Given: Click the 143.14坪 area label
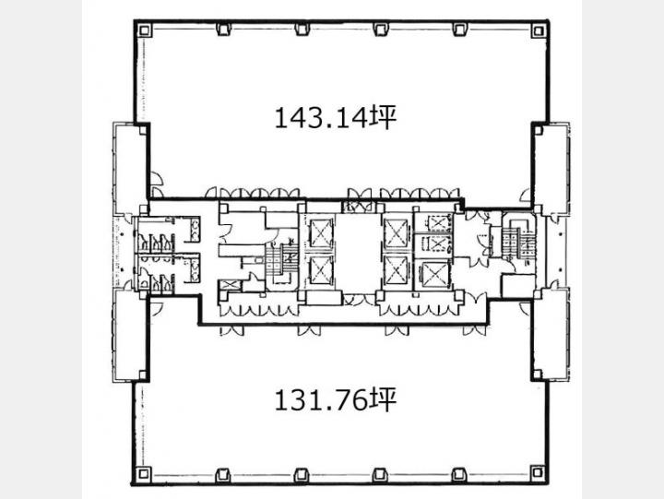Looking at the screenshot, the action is click(x=336, y=118).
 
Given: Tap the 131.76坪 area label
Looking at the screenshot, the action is click(x=336, y=400).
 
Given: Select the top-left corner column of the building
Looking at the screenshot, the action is click(x=144, y=30).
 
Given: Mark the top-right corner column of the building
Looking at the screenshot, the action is click(x=539, y=30).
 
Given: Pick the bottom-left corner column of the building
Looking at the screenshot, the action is click(x=144, y=473).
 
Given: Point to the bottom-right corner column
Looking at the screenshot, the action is click(x=538, y=472).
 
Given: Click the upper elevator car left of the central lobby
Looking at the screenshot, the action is click(x=321, y=233).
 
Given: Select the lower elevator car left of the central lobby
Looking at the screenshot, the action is click(x=321, y=270).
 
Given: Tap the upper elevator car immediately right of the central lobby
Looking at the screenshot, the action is click(x=397, y=233).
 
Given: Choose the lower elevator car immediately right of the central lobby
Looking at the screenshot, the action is click(x=397, y=270).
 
